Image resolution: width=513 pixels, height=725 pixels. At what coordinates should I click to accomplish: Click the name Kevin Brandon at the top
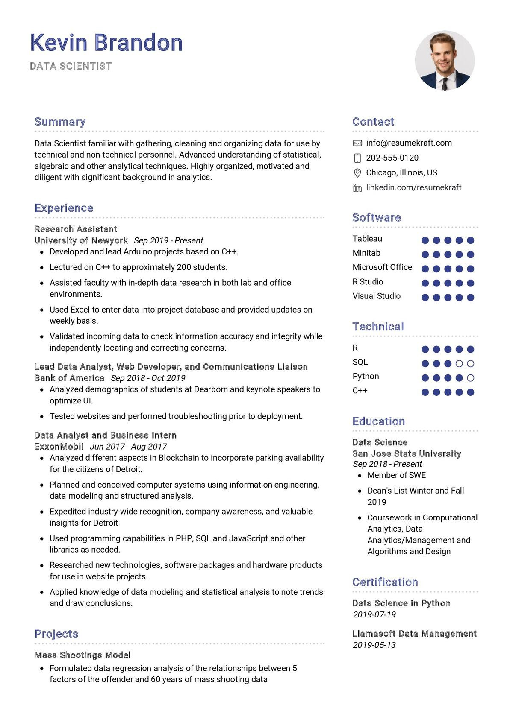[x=106, y=43]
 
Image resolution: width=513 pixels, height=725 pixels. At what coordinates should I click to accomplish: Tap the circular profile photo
[x=445, y=60]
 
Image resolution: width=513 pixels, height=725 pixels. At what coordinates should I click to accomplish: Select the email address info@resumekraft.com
[x=409, y=143]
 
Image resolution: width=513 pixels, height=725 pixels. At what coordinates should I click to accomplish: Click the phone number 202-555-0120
[x=392, y=158]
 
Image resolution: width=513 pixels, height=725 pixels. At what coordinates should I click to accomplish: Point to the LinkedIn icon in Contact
[x=357, y=188]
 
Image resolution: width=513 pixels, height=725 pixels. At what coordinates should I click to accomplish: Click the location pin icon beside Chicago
[x=357, y=173]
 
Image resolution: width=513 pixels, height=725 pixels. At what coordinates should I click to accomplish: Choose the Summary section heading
[x=60, y=122]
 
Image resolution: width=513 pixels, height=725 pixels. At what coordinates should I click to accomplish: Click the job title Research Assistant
[x=76, y=229]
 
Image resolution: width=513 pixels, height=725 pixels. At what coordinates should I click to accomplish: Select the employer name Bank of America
[x=69, y=378]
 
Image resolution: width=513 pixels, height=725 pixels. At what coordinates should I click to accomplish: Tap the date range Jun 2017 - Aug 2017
[x=128, y=447]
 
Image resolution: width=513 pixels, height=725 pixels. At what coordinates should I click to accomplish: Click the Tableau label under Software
[x=367, y=239]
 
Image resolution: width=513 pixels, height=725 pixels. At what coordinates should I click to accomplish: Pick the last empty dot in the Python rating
[x=471, y=378]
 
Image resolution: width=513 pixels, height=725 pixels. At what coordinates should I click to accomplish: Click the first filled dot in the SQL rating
[x=425, y=364]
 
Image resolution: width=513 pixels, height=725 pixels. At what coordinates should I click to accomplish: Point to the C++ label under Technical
[x=360, y=391]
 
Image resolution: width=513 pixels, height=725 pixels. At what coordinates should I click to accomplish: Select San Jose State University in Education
[x=407, y=454]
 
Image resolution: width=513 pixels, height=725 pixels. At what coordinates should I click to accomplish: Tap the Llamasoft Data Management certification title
[x=414, y=634]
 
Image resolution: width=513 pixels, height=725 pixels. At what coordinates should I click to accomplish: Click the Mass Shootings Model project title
[x=83, y=655]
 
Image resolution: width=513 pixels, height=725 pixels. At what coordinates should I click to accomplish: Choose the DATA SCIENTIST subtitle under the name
[x=71, y=66]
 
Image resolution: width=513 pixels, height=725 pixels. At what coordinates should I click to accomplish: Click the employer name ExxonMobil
[x=59, y=447]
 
